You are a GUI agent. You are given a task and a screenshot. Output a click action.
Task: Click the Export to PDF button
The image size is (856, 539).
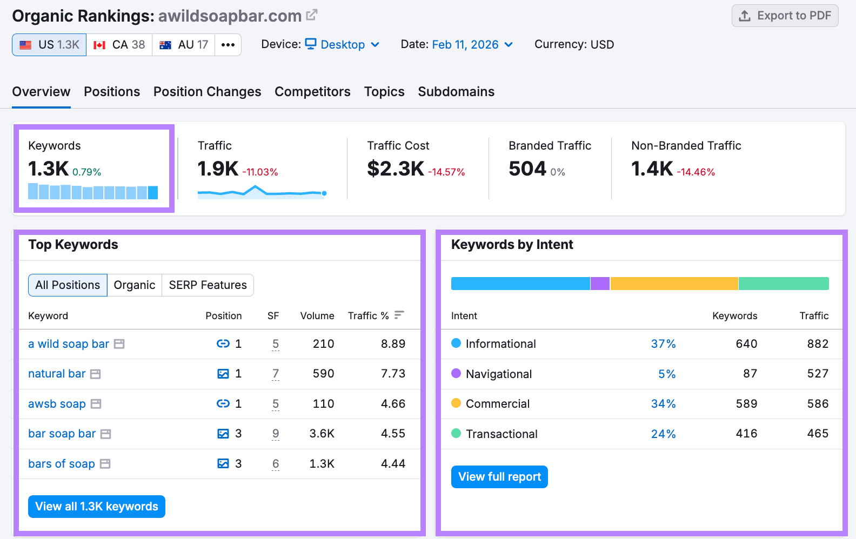[x=785, y=16]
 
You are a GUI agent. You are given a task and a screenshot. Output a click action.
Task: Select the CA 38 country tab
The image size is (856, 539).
[x=119, y=45]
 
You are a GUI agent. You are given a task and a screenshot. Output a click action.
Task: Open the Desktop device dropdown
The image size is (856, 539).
[x=343, y=45]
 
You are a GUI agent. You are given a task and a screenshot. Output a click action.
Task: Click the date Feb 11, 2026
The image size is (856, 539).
[x=465, y=45]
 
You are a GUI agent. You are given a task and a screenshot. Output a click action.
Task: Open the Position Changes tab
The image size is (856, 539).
[x=207, y=92]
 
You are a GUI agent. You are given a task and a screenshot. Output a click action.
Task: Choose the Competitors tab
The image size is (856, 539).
[x=312, y=92]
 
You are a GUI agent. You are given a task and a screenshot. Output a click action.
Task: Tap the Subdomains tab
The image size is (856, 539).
[x=456, y=92]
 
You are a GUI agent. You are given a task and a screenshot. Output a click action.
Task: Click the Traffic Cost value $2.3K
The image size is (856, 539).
[x=396, y=169]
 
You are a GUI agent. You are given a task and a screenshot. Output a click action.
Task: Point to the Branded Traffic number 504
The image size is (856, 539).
[x=527, y=169]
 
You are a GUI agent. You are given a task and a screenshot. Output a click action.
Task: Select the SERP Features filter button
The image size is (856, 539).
[x=208, y=285]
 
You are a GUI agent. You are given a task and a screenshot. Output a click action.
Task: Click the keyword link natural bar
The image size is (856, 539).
[x=57, y=374]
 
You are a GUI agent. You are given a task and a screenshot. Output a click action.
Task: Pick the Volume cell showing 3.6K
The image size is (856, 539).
[x=322, y=434]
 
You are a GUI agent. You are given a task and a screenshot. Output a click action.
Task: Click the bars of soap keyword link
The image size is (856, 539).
[x=62, y=464]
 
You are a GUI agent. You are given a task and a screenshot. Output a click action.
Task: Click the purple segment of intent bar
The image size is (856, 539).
[x=600, y=284]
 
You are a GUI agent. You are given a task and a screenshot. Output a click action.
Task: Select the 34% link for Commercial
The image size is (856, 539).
[x=663, y=404]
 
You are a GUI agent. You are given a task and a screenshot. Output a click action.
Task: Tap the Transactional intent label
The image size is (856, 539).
[x=501, y=434]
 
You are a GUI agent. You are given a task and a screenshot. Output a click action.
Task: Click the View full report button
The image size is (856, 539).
[x=499, y=477]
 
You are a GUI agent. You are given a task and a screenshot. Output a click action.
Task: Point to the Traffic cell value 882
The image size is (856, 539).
[x=818, y=344]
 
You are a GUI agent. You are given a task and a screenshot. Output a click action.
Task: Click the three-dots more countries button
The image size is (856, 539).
[x=228, y=45]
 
